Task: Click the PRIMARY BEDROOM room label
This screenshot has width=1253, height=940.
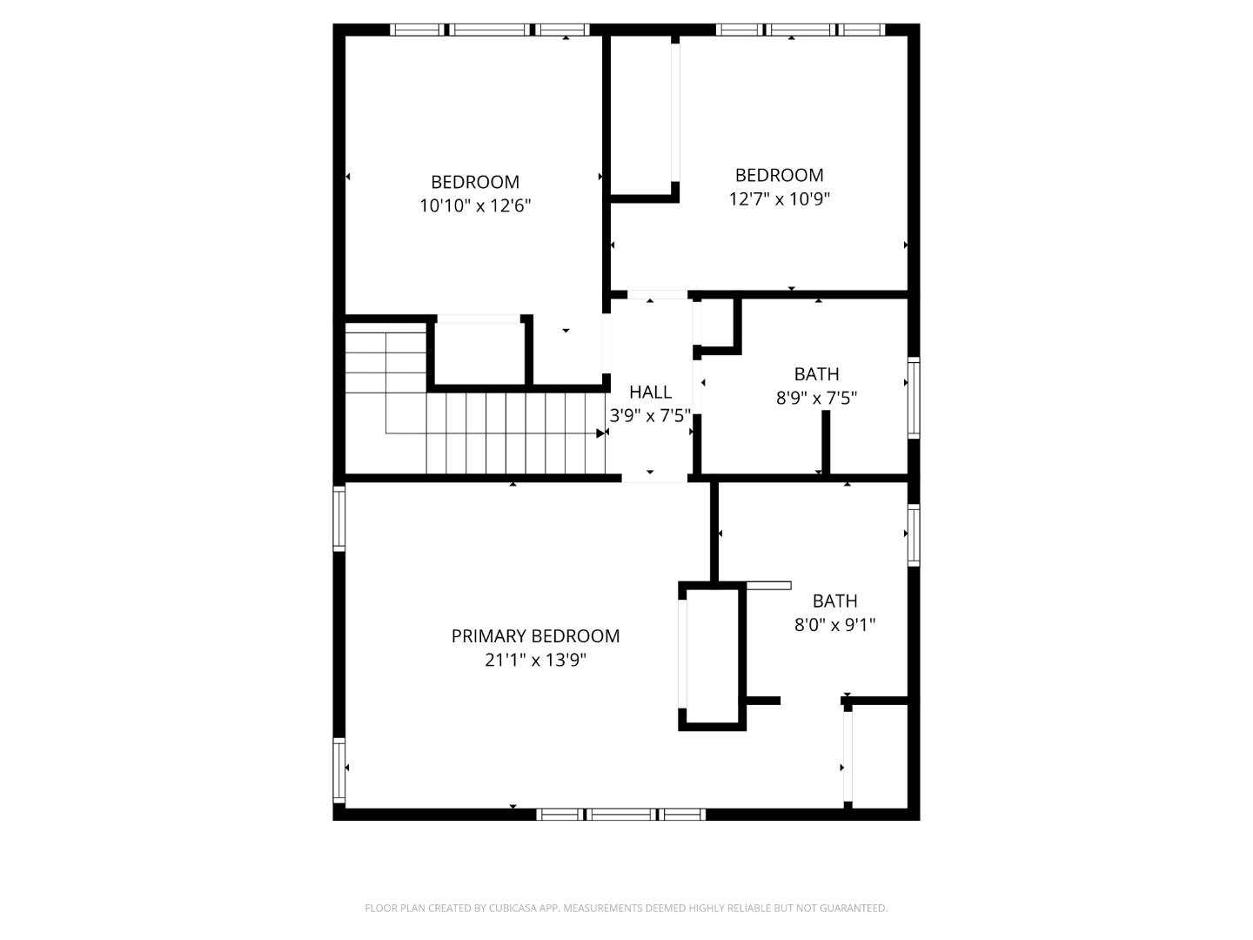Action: (535, 636)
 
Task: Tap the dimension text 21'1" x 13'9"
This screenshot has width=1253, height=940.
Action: (535, 660)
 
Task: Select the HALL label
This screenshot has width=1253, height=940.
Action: (650, 392)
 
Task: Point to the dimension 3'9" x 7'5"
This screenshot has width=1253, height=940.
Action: (650, 416)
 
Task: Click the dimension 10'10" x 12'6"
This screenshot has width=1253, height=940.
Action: (475, 206)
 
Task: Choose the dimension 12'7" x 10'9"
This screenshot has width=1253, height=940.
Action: (779, 199)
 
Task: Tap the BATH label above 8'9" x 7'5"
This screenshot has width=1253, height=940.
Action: (816, 374)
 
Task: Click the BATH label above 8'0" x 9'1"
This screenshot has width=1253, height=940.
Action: (834, 601)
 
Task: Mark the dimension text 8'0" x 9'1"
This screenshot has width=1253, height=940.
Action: (834, 625)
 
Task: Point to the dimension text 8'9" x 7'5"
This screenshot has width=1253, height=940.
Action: (816, 399)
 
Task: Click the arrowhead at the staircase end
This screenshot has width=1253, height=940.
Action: (600, 433)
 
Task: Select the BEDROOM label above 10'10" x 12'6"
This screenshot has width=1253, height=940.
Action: (475, 182)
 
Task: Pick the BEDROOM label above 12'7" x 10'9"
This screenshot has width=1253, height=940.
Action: (779, 175)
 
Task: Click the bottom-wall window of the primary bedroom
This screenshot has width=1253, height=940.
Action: (620, 815)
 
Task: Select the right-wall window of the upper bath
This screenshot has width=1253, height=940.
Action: (914, 397)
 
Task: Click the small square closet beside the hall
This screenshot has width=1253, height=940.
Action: (719, 324)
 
